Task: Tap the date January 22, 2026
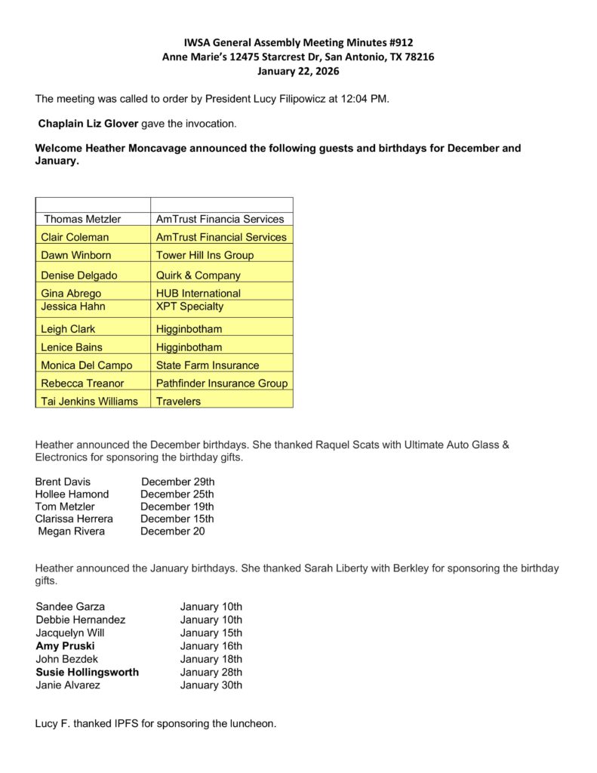[298, 71]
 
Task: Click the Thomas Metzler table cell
[82, 219]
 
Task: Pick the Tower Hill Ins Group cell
[205, 255]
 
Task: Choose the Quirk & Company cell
[198, 276]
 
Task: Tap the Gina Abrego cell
[71, 293]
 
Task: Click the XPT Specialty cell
[189, 306]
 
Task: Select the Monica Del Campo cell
[86, 365]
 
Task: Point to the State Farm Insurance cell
[208, 365]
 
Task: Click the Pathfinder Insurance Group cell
[222, 383]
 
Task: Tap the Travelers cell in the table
[178, 402]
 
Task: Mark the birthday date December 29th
[177, 482]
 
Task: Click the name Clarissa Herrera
[74, 519]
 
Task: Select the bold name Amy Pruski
[65, 646]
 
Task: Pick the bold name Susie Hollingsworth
[87, 672]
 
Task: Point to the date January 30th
[211, 685]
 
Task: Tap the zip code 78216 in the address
[418, 57]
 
